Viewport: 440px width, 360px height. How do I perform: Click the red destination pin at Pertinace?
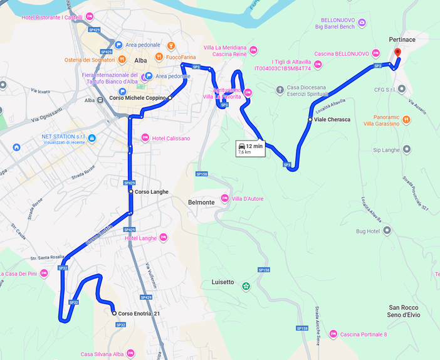(x=397, y=53)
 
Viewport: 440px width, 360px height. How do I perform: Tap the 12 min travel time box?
(x=249, y=148)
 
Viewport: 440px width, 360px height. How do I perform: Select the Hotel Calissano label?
(x=170, y=138)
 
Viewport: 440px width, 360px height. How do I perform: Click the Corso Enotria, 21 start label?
(x=139, y=314)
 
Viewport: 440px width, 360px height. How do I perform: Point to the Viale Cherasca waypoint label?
(x=332, y=119)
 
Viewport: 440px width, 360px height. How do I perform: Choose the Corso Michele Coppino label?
(x=138, y=98)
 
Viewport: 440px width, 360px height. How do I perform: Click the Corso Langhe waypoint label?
(x=151, y=191)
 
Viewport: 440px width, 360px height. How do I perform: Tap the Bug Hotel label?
(x=369, y=231)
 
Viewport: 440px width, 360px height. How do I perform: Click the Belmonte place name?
(x=201, y=203)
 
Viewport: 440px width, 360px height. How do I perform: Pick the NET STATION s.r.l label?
(x=63, y=136)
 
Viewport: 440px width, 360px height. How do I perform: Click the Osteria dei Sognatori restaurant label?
(x=90, y=60)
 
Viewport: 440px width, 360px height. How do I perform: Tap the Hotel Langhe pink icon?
(x=164, y=237)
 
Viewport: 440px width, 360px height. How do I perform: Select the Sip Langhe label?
(x=386, y=150)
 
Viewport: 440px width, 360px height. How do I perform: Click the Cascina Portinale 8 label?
(x=364, y=334)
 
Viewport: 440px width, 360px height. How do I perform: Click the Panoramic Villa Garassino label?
(x=382, y=120)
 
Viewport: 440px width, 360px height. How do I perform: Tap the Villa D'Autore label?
(x=248, y=199)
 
